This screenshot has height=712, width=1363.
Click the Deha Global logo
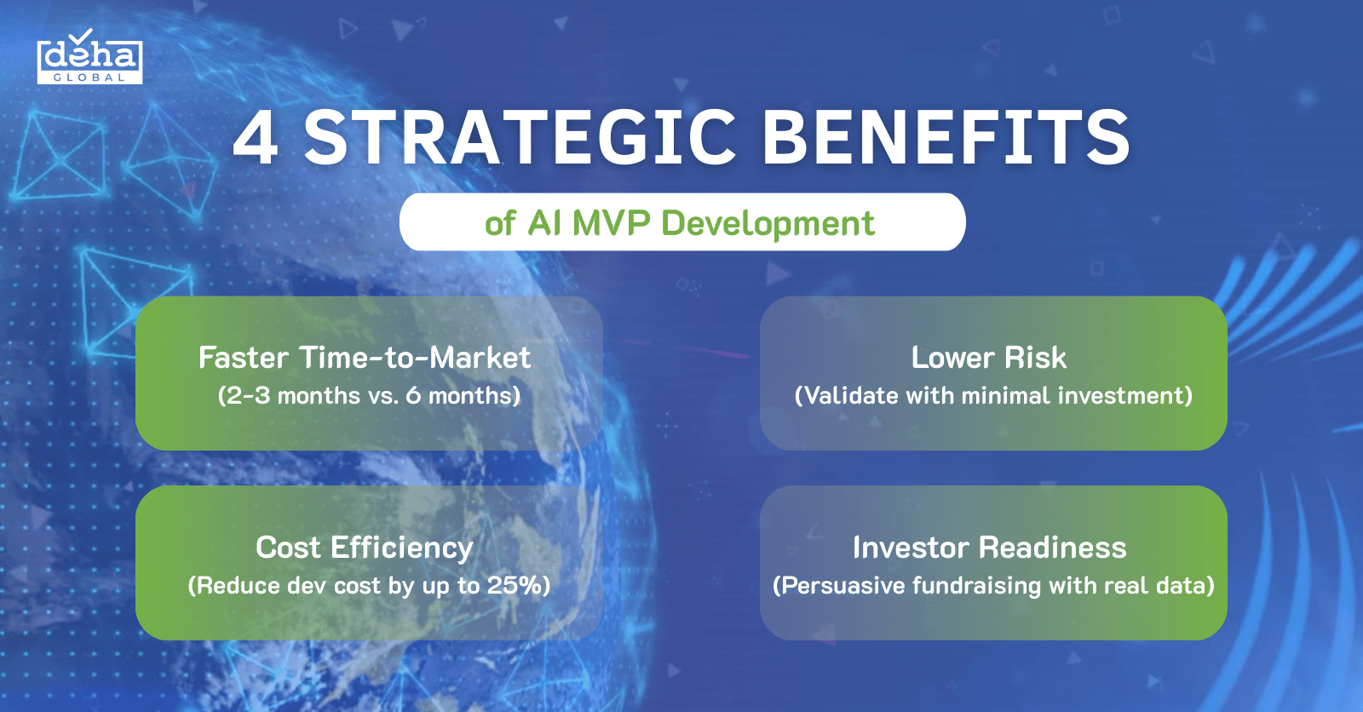(89, 60)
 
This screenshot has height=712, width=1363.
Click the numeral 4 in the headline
(256, 139)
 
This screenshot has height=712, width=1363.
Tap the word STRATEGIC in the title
(520, 139)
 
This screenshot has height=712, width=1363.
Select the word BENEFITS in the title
(946, 139)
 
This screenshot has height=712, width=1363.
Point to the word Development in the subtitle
(768, 223)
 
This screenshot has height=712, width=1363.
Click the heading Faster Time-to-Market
(365, 358)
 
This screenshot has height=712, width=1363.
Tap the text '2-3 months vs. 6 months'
(369, 396)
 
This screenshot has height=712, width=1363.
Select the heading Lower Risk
(988, 358)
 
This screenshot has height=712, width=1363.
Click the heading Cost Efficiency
(365, 548)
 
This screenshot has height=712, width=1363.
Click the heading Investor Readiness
(989, 548)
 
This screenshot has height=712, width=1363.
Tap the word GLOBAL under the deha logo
(89, 78)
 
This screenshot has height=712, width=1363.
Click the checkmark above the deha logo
(80, 37)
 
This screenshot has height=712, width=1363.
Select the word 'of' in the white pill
(500, 223)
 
